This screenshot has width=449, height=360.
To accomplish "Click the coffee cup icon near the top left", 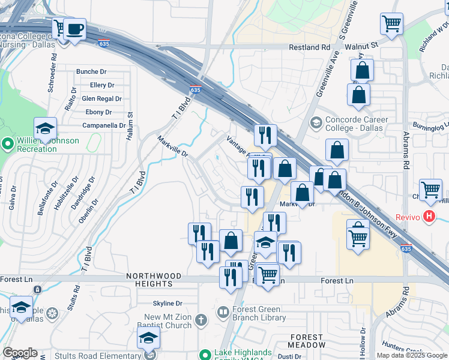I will tap(74, 29).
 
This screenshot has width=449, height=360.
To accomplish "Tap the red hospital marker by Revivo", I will tap(429, 216).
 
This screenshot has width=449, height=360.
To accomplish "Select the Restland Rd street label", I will tap(310, 47).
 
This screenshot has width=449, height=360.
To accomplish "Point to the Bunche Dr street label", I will tap(91, 71).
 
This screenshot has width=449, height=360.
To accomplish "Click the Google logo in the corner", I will tap(20, 353).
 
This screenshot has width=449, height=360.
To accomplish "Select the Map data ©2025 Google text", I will tap(412, 355).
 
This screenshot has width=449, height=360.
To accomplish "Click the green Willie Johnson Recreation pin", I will tap(8, 144).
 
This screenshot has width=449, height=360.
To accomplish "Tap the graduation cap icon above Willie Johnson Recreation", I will tap(46, 129).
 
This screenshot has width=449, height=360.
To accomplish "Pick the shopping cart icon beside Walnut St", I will tap(391, 24).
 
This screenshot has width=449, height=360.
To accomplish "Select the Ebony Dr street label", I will tap(99, 112).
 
